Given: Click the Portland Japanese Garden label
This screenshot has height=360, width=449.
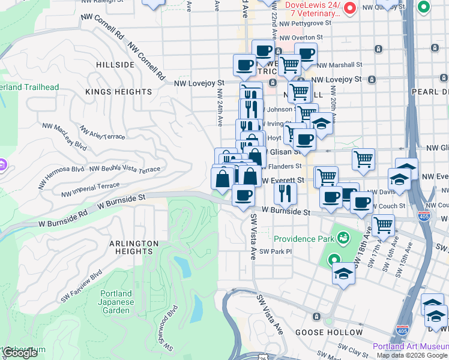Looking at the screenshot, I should (x=115, y=302).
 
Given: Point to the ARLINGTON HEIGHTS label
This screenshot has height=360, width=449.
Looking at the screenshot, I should (x=134, y=248).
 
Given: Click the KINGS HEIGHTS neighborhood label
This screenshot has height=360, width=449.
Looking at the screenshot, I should (x=118, y=92).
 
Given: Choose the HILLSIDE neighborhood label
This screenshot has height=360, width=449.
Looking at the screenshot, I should (x=115, y=65).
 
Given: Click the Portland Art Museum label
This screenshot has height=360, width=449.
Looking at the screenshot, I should (x=411, y=346).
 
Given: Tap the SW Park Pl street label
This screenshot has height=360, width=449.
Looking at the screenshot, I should (x=275, y=251).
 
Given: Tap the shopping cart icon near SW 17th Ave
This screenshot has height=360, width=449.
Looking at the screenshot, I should (x=382, y=226).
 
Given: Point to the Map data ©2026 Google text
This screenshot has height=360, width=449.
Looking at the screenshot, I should (x=411, y=355).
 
